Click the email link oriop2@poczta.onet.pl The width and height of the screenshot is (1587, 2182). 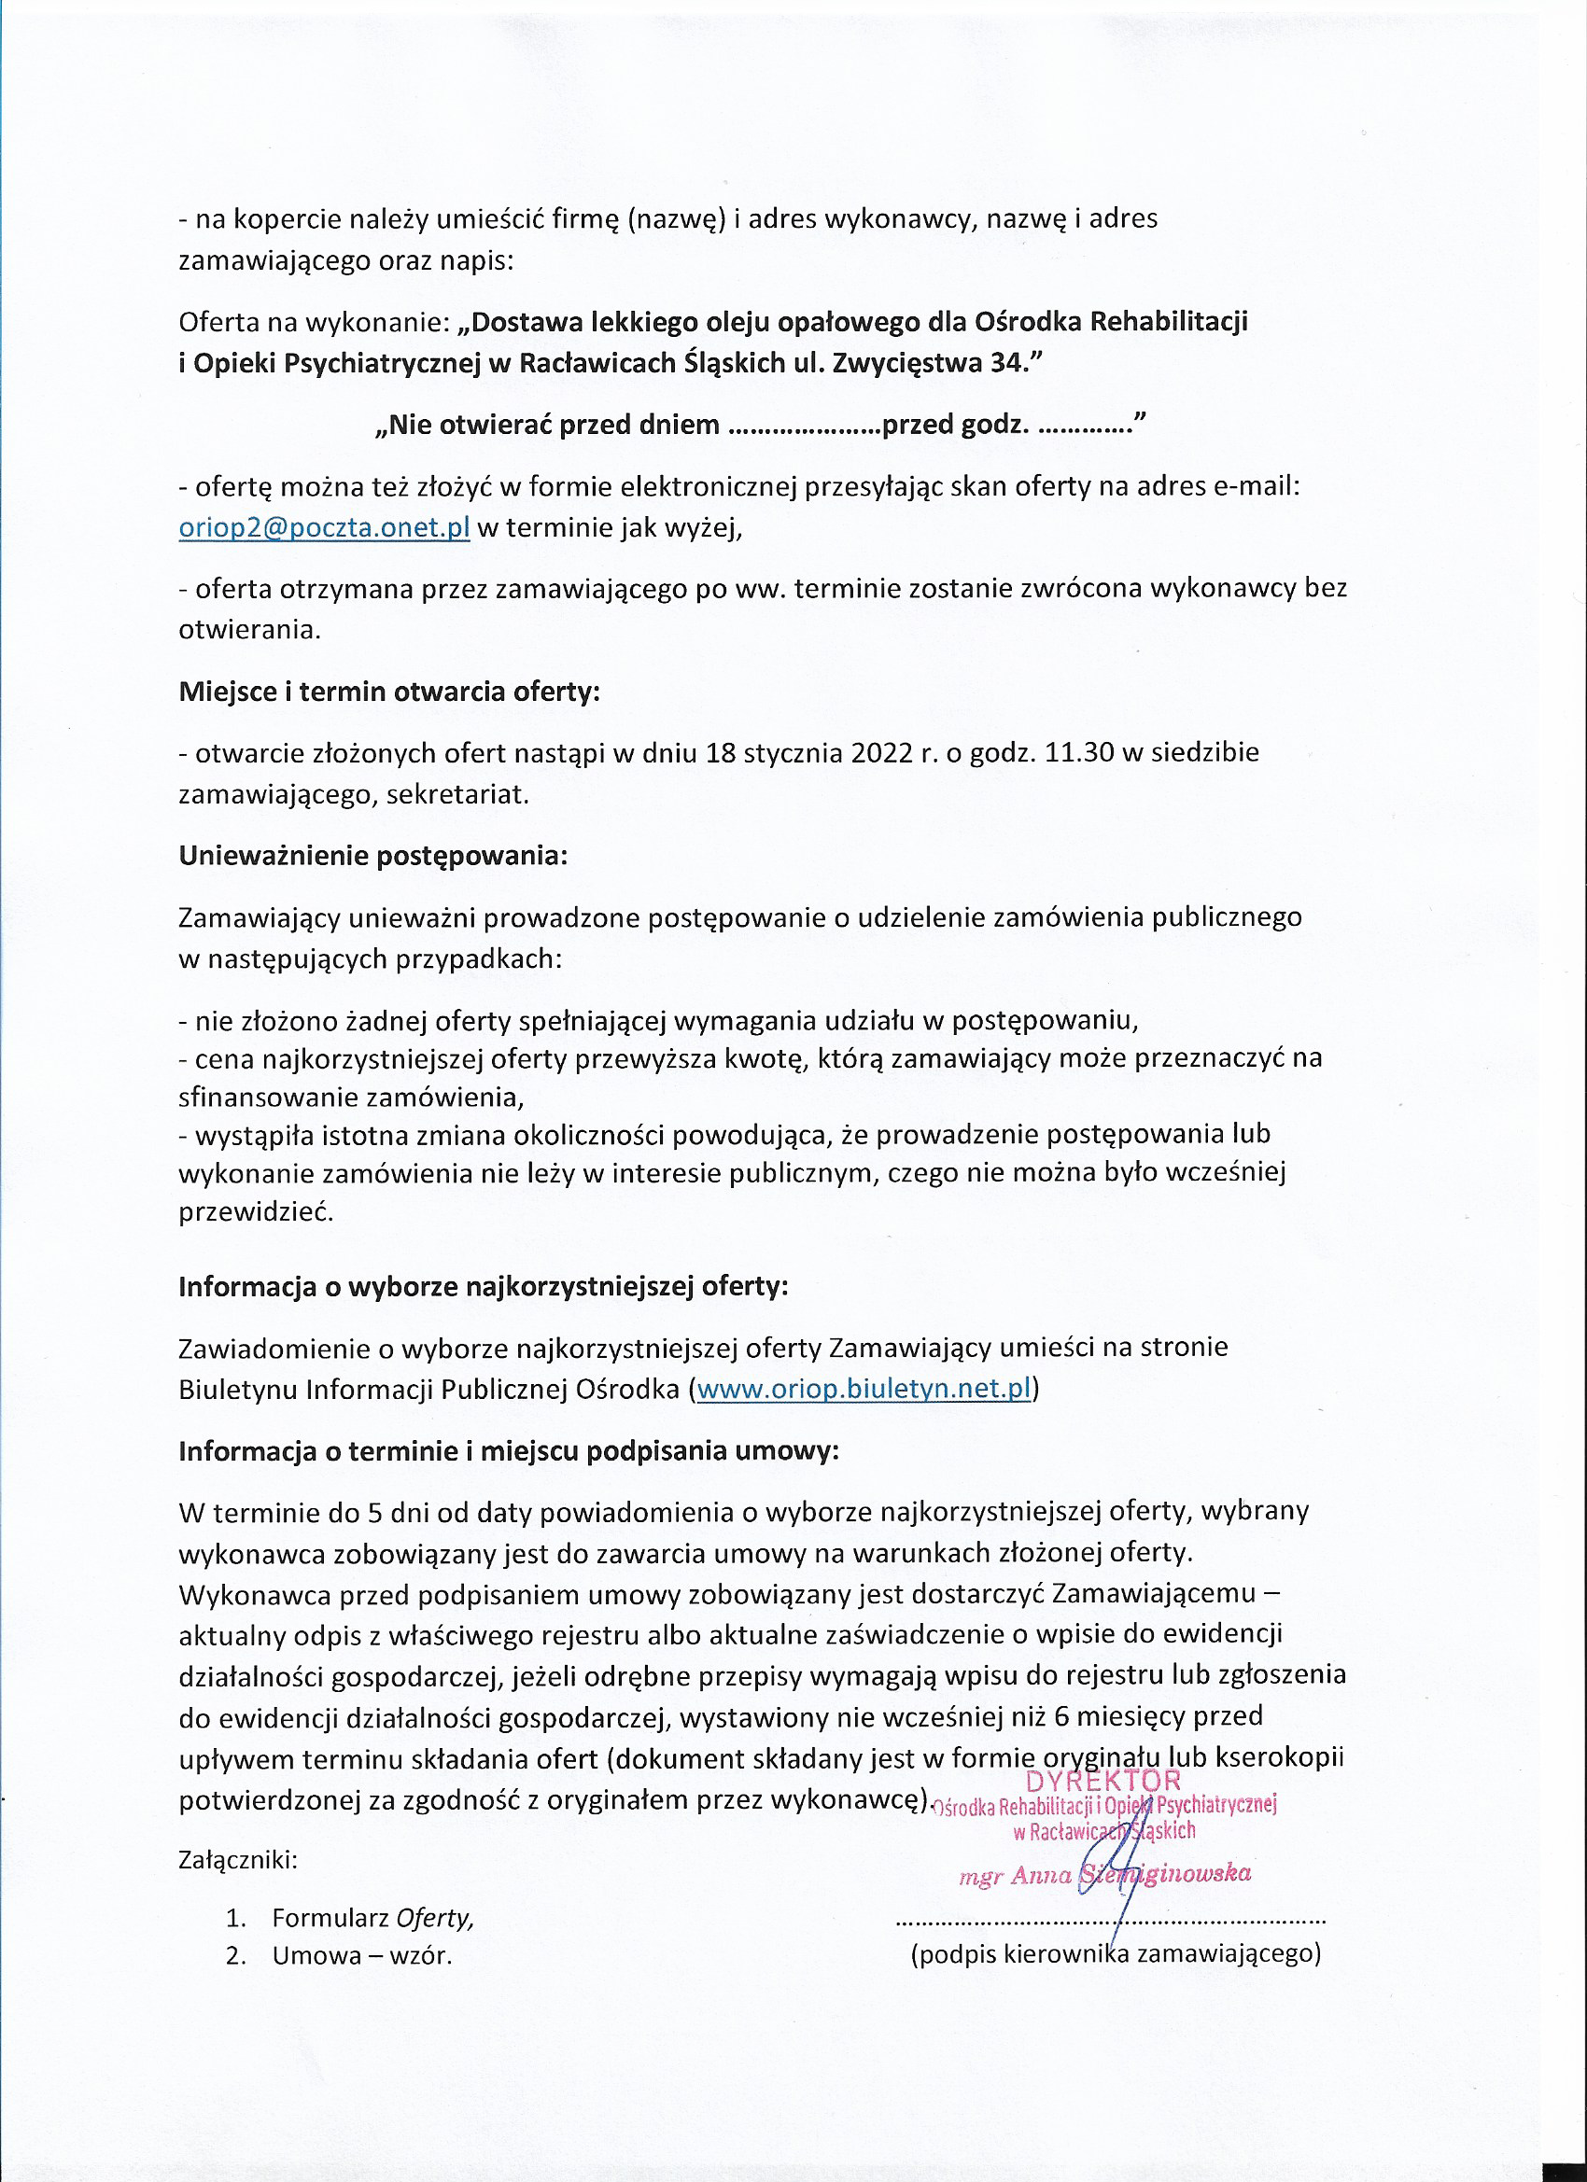click(x=324, y=528)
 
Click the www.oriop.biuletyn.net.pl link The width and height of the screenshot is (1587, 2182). click(x=864, y=1389)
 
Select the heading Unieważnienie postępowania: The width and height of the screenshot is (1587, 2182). click(x=373, y=855)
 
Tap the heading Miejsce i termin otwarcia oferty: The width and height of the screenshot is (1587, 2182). click(x=388, y=692)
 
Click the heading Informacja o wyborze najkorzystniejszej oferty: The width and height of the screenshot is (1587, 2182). click(x=484, y=1286)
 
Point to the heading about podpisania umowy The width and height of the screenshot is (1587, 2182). click(x=508, y=1450)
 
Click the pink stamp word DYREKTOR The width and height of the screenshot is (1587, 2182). click(x=1102, y=1781)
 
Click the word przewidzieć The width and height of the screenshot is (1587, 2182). click(x=256, y=1211)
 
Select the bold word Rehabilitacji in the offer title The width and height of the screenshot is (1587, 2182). click(x=1169, y=321)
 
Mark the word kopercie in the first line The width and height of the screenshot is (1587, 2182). click(x=288, y=219)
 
